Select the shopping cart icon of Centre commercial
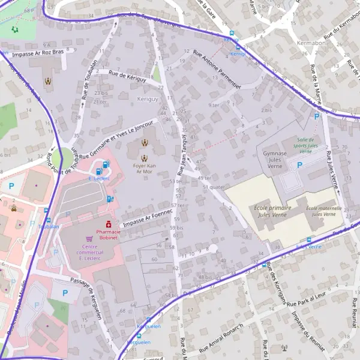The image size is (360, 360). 89,238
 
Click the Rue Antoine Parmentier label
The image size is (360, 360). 216,69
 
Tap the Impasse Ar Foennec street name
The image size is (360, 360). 147,217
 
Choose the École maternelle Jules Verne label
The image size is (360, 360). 324,211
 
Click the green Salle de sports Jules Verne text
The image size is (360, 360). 311,145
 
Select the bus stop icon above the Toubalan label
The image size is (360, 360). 47,211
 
